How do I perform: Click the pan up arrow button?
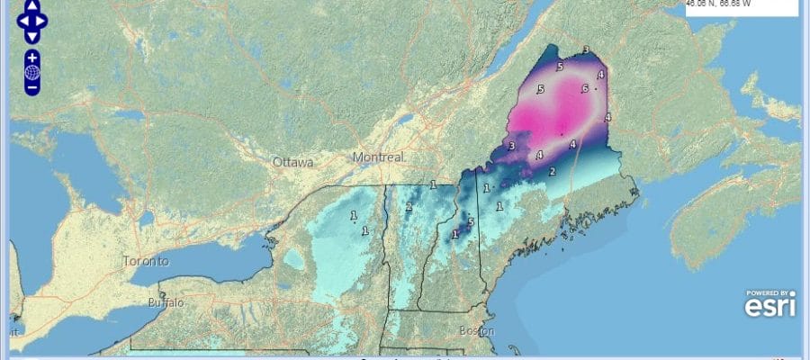(x=31, y=4)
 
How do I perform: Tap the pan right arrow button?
(x=43, y=20)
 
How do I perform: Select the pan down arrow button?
(x=31, y=36)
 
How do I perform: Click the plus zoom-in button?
(x=31, y=57)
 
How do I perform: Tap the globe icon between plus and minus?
(x=31, y=72)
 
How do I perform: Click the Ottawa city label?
(x=293, y=163)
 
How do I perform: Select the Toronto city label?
(x=146, y=262)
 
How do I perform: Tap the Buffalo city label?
(x=165, y=303)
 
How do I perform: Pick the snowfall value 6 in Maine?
(x=584, y=88)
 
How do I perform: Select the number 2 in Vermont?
(x=408, y=206)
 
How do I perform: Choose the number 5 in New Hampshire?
(x=470, y=221)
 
